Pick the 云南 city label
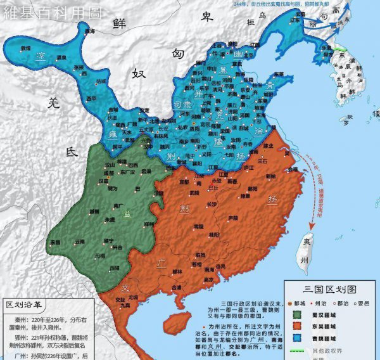coord(79,241)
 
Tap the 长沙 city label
coord(211,204)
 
